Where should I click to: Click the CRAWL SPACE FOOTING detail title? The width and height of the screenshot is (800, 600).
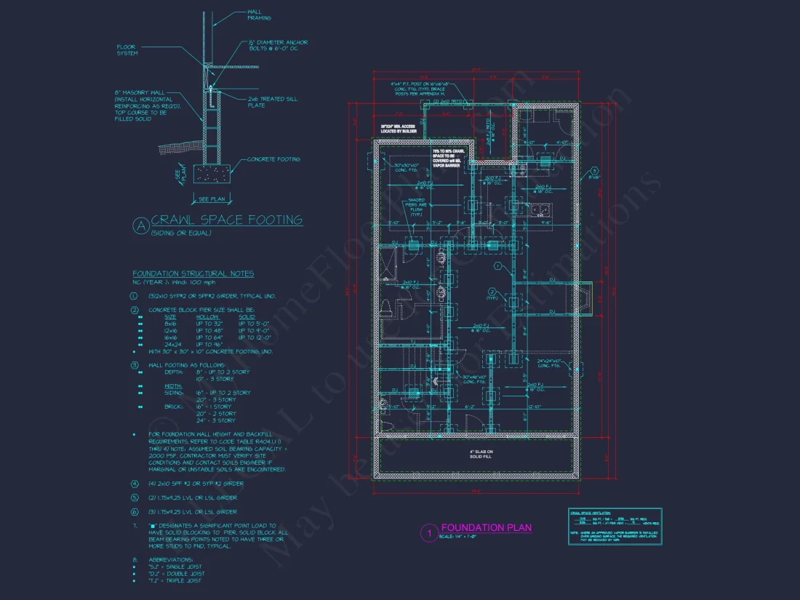click(226, 220)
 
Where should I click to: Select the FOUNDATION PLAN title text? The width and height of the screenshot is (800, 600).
click(486, 527)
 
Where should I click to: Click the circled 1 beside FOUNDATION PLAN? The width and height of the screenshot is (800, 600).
click(429, 532)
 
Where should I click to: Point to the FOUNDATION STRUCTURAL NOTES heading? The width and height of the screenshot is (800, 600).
click(193, 273)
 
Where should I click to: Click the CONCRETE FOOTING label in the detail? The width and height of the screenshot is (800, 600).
click(273, 159)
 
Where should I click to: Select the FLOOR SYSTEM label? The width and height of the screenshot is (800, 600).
click(127, 49)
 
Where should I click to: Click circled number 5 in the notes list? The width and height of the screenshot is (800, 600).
click(134, 497)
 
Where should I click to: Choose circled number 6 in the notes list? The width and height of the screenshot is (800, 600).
click(134, 512)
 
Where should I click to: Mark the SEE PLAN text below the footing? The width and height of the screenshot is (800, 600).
click(212, 199)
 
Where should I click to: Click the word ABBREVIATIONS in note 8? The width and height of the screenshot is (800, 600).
click(170, 559)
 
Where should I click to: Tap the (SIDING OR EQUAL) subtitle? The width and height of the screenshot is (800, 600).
click(181, 233)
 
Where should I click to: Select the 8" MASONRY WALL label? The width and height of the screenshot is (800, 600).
click(141, 105)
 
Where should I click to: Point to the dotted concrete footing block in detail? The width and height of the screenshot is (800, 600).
click(212, 173)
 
